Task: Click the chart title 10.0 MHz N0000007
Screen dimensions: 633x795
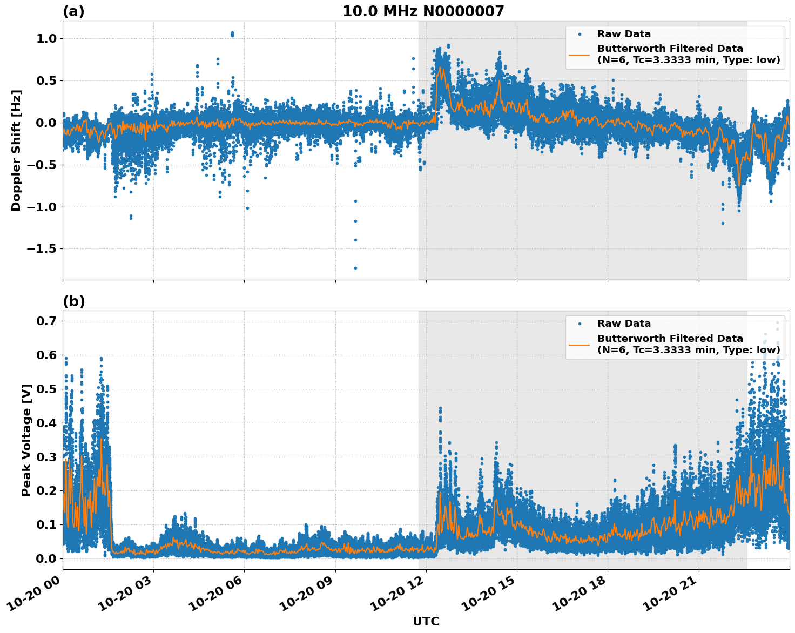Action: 423,11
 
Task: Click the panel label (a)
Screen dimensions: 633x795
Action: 73,11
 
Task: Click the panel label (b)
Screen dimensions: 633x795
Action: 73,301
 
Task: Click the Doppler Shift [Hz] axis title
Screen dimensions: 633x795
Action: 16,150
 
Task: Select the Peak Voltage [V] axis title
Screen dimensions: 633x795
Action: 26,440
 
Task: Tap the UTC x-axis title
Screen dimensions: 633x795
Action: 426,621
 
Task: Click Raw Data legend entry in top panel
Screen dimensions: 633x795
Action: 624,34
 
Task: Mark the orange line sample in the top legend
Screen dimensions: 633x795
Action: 579,54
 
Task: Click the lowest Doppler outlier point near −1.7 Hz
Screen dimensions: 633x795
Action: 355,268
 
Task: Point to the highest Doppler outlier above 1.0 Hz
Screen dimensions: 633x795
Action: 232,33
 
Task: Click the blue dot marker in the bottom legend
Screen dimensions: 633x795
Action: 579,324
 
